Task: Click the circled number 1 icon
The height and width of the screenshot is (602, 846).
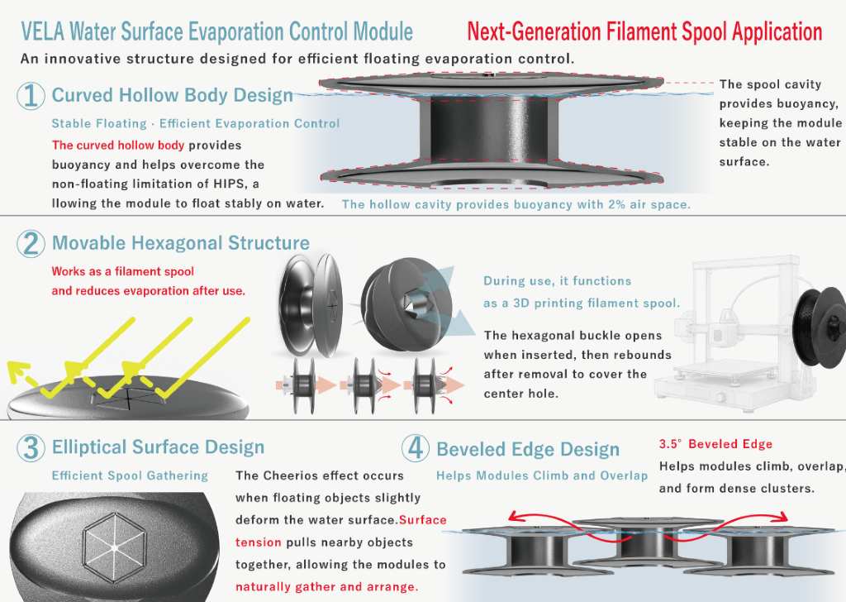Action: coord(31,96)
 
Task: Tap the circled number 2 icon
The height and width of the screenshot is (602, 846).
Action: coord(31,243)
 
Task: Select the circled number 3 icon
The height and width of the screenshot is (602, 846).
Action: coord(31,447)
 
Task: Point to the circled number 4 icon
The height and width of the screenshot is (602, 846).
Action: coord(416,448)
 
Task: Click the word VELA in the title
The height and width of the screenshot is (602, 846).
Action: coord(43,32)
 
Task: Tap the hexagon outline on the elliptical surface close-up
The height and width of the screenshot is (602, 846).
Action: coord(114,547)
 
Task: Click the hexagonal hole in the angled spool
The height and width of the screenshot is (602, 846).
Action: coord(414,305)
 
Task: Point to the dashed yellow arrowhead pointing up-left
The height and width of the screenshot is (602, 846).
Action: coord(18,371)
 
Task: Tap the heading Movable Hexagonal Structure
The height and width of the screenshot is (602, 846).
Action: coord(181,243)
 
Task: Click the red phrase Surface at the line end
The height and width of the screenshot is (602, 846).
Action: coord(422,520)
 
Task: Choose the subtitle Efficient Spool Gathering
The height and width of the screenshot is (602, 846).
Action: coord(130,475)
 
